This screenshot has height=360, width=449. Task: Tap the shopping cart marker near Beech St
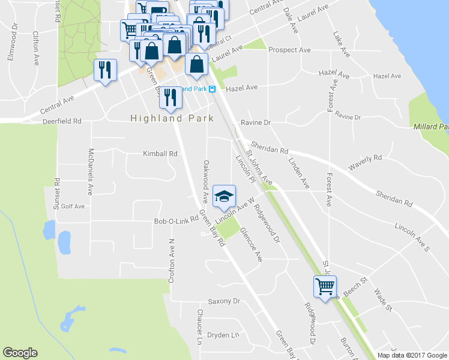(325, 287)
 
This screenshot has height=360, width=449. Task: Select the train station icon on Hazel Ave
(212, 89)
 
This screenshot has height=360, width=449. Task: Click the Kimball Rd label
(160, 154)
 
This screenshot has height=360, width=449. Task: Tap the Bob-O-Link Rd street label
(176, 221)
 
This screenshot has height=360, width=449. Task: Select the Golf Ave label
(73, 206)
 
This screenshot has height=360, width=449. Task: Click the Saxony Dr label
(223, 301)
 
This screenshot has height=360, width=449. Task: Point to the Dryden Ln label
(223, 335)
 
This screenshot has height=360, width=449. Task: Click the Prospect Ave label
(289, 50)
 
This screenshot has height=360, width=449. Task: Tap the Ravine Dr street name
(256, 122)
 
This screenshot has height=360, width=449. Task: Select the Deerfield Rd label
(62, 121)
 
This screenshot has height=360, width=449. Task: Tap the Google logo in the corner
(20, 353)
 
